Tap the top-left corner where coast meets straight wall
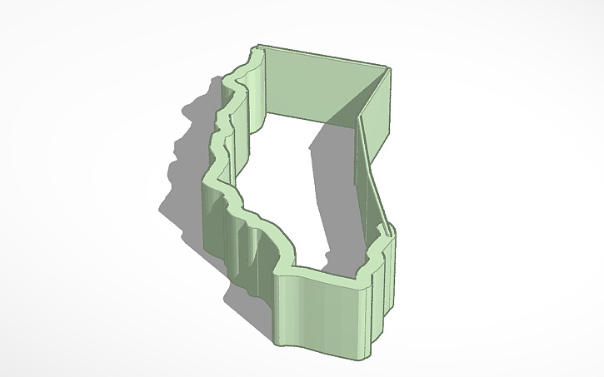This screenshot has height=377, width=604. [261, 48]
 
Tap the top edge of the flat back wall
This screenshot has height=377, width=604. [325, 56]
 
